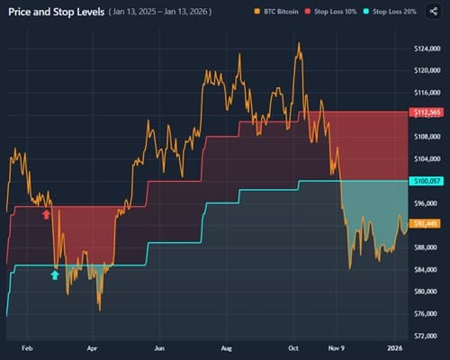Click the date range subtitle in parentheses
167,13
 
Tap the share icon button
435,13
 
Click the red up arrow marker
46,214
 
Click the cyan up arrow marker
55,274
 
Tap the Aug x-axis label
226,346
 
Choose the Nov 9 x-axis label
336,346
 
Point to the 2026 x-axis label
394,346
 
